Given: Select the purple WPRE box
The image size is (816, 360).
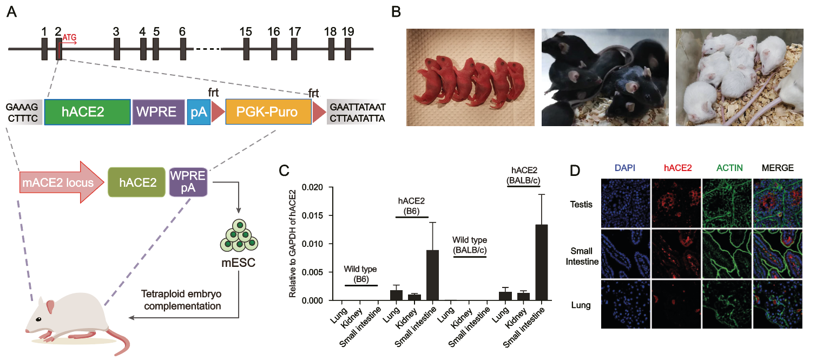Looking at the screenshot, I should [158, 113].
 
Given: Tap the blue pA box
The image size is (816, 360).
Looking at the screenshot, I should [198, 113].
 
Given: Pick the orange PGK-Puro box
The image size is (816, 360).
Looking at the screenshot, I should [268, 113].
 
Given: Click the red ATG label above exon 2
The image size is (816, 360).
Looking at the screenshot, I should [70, 38].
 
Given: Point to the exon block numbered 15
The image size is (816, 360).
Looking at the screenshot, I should [246, 49].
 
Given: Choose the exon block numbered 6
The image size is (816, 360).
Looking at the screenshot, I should [183, 49].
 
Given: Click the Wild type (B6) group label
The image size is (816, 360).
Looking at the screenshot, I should [360, 273].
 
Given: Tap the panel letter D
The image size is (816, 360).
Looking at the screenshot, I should [576, 170].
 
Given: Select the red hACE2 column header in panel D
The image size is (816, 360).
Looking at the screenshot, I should [676, 168].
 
